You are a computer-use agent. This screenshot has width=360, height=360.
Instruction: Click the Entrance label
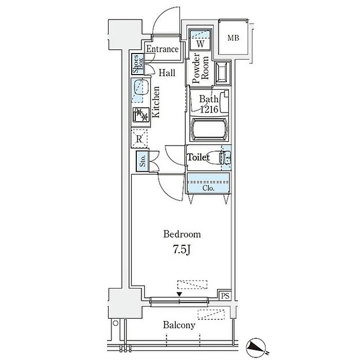click(x=162, y=49)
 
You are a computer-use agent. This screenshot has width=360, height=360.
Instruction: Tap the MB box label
click(x=233, y=37)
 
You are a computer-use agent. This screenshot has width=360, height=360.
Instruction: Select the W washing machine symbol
click(x=201, y=44)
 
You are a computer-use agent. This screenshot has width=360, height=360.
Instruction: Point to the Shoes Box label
click(x=138, y=64)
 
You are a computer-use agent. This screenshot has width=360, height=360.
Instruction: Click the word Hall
click(x=167, y=73)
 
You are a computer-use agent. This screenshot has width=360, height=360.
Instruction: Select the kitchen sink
click(x=139, y=90)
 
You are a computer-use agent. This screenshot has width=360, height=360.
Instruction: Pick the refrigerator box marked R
click(x=139, y=138)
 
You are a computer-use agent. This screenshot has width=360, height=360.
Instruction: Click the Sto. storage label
click(x=142, y=161)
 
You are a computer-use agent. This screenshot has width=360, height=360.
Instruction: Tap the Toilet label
click(x=199, y=157)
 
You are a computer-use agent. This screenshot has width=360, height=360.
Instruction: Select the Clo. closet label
click(x=208, y=188)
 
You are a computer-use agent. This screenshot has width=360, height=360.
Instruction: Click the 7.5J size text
click(x=182, y=250)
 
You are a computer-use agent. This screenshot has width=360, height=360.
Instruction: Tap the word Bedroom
click(x=182, y=235)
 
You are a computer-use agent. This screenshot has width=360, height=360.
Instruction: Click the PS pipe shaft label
click(x=225, y=296)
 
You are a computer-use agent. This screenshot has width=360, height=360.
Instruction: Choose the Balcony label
click(x=179, y=325)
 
